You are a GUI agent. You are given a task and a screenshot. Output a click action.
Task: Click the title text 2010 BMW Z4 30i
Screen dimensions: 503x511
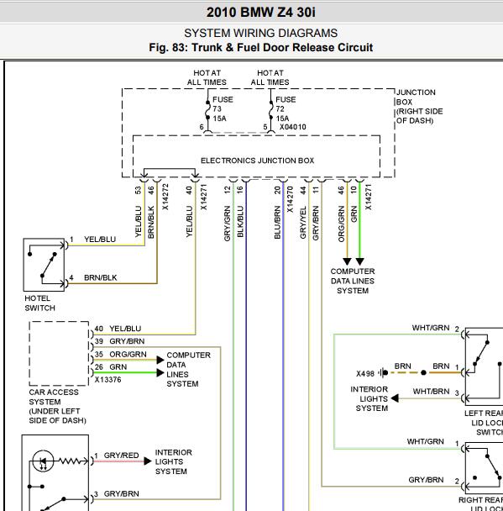[261, 13]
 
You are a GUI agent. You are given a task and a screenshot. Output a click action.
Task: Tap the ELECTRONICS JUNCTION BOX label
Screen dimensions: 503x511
[257, 161]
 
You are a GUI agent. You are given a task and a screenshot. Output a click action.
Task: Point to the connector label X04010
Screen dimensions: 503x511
[293, 127]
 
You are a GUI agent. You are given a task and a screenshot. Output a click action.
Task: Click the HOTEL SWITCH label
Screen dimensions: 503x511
[39, 303]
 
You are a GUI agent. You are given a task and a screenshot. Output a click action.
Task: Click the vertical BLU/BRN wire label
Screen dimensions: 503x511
[277, 222]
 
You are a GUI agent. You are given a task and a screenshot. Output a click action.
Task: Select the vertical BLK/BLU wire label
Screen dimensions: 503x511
[240, 221]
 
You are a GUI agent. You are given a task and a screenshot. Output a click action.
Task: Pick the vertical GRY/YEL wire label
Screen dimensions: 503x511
[303, 222]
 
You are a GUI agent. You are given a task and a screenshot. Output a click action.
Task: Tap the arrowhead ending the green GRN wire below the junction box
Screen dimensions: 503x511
[359, 261]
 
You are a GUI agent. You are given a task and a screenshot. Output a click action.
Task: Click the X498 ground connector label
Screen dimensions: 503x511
[365, 373]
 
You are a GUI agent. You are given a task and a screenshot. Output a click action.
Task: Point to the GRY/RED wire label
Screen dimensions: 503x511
[121, 456]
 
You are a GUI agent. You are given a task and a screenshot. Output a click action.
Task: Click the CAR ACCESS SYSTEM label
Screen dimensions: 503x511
[57, 406]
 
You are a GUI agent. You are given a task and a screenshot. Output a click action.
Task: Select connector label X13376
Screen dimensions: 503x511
[107, 380]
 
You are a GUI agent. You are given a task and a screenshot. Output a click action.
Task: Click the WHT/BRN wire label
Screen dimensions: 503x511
[431, 391]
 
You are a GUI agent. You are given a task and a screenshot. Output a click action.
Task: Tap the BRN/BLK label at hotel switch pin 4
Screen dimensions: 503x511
[100, 277]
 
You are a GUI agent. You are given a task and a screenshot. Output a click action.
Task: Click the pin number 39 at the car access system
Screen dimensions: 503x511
[99, 341]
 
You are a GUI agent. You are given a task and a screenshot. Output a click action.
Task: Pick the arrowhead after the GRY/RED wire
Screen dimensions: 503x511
[148, 461]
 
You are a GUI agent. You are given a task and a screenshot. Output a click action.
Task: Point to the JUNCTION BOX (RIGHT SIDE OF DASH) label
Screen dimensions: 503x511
[420, 107]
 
